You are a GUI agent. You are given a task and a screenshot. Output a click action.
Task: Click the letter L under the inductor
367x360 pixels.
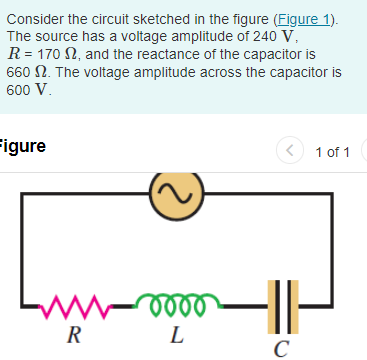click(176, 335)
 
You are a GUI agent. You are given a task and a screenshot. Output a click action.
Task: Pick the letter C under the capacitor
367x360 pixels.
click(282, 347)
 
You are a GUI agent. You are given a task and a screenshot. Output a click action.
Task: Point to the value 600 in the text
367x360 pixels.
click(19, 89)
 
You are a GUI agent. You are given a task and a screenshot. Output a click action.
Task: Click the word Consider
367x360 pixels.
click(34, 19)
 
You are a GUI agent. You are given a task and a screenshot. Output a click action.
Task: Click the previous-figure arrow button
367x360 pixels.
click(289, 152)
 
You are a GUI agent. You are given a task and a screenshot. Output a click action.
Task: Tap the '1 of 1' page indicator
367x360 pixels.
click(331, 152)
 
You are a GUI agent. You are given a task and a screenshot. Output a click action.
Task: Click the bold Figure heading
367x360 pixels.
click(22, 147)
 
